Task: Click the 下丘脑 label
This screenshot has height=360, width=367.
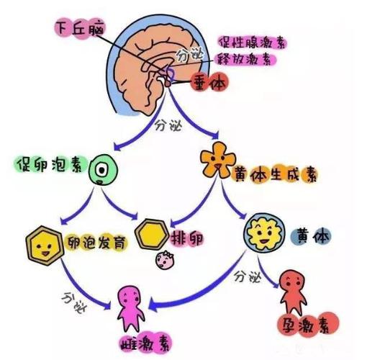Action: (x=80, y=29)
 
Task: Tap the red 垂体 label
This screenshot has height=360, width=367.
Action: (x=209, y=82)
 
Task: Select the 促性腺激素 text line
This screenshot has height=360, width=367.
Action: (x=252, y=43)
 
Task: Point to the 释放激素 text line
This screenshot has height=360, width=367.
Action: (x=245, y=59)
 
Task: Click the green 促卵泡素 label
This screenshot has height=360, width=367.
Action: (x=51, y=164)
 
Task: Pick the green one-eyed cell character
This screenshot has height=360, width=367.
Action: (x=103, y=170)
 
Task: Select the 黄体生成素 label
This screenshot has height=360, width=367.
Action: (x=276, y=175)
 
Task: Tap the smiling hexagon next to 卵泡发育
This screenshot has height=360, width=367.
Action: (x=45, y=245)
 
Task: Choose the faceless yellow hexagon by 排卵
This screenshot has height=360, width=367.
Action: (x=152, y=233)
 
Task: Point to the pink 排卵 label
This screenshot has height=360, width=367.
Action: (x=186, y=238)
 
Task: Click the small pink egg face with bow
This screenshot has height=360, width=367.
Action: (x=165, y=260)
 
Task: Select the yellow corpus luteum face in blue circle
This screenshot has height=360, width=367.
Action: (x=264, y=233)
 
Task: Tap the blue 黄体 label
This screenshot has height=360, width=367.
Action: (x=311, y=236)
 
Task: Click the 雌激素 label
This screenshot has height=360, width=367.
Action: (x=146, y=345)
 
